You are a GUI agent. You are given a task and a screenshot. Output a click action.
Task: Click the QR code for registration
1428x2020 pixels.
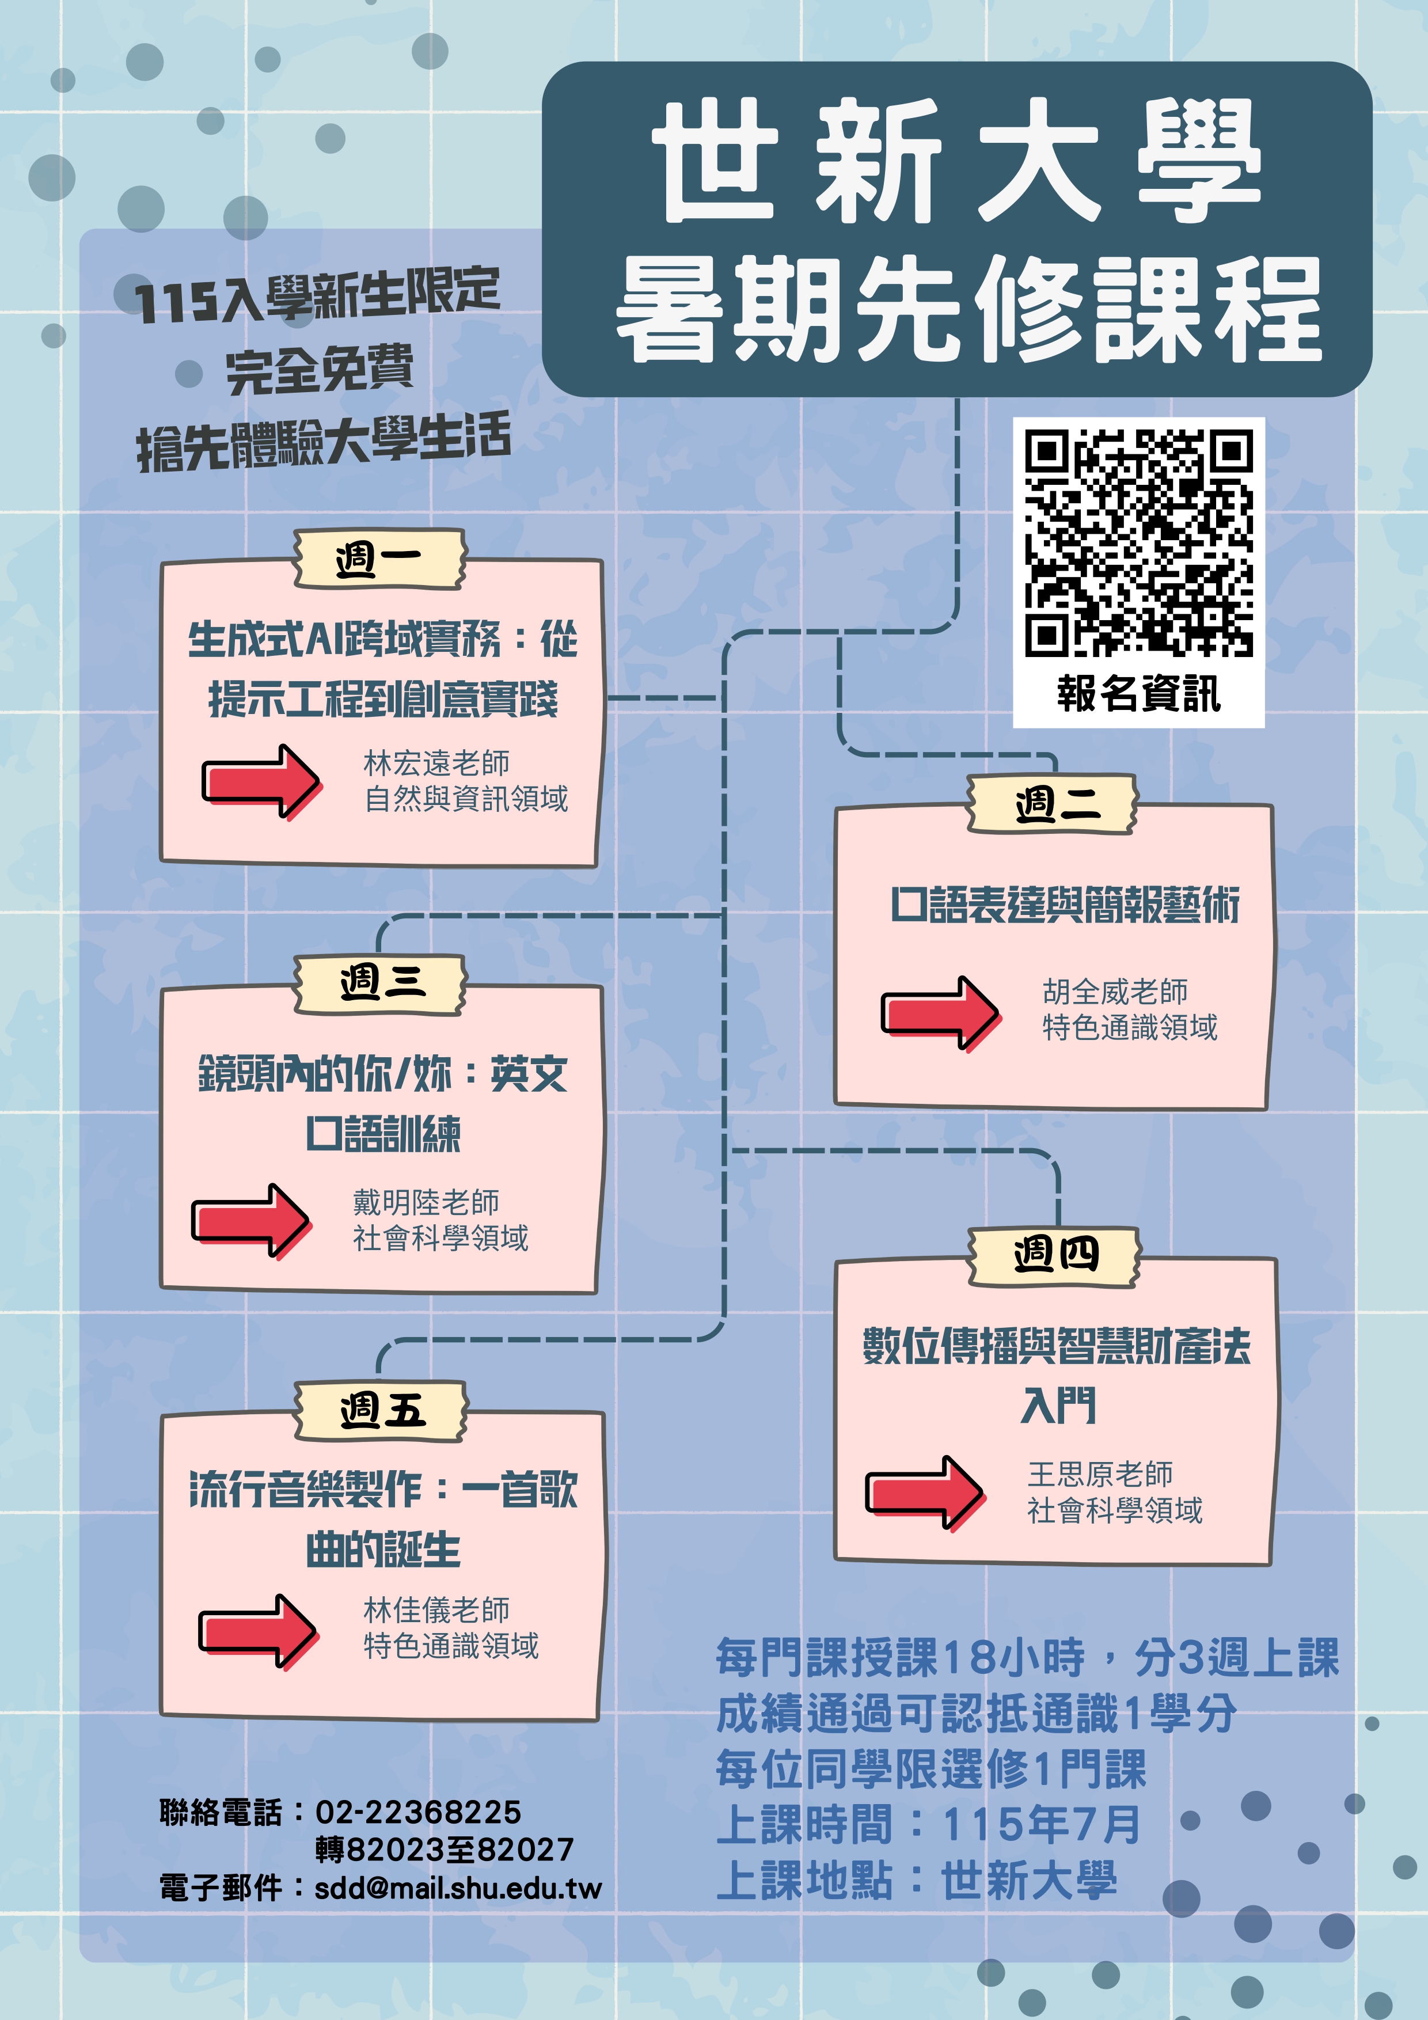tap(1138, 543)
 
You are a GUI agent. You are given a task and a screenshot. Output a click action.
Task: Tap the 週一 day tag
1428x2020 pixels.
tap(379, 559)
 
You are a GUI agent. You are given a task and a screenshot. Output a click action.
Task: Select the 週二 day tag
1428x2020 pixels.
tap(1053, 804)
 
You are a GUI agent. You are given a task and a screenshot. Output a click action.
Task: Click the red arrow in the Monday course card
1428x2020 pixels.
tap(261, 781)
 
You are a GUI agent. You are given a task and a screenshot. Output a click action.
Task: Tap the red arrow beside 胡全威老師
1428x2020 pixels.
tap(940, 1013)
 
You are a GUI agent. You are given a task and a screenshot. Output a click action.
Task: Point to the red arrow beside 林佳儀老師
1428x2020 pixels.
tap(258, 1631)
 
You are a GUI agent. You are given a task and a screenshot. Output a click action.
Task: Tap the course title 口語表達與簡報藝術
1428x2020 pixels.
tap(1065, 905)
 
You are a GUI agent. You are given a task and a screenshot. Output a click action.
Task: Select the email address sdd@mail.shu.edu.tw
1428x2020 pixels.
tap(458, 1887)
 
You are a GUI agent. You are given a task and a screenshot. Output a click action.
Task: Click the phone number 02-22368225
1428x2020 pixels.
tap(418, 1812)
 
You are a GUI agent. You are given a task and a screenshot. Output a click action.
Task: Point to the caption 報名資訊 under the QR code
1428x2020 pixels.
tap(1138, 693)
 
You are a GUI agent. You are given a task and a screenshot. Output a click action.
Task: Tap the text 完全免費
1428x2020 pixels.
tap(320, 370)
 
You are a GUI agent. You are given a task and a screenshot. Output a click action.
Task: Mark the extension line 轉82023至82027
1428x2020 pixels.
tap(445, 1850)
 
